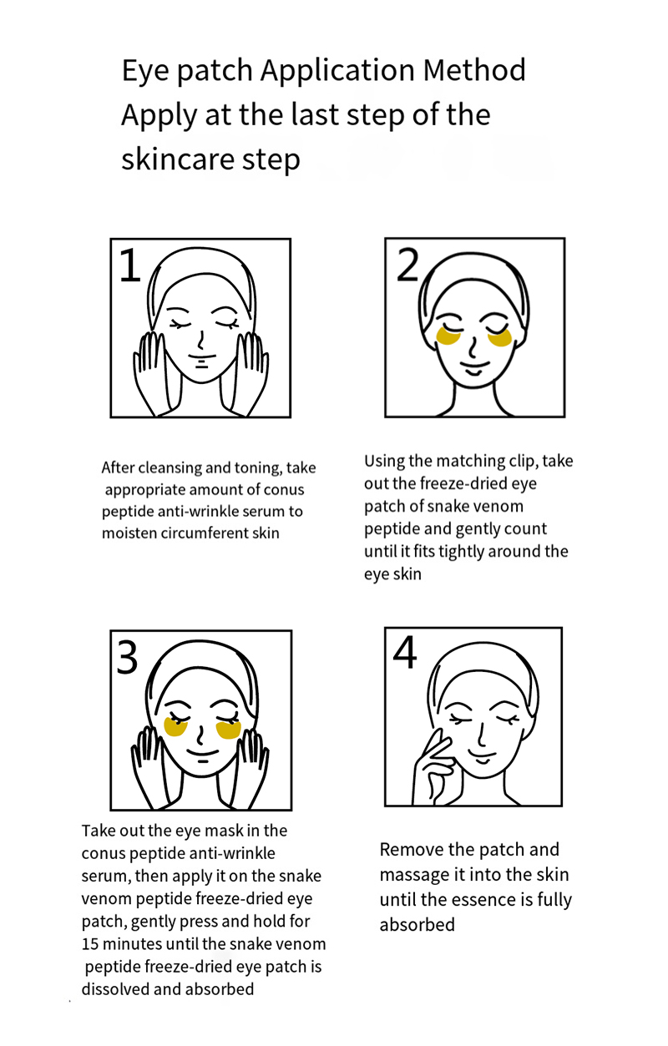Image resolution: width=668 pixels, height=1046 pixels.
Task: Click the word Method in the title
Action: click(474, 70)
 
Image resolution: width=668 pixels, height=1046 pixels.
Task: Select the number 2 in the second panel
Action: click(407, 265)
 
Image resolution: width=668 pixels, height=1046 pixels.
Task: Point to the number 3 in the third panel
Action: click(127, 657)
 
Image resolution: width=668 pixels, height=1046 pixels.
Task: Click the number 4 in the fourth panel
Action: click(404, 652)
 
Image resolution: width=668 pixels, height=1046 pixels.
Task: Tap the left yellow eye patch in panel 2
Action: click(448, 336)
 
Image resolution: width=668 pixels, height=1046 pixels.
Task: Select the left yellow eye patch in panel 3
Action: click(175, 726)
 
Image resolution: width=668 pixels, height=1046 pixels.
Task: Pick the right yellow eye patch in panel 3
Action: click(229, 730)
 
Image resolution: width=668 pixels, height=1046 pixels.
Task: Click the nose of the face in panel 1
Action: click(201, 340)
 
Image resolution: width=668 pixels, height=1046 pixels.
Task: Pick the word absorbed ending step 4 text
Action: click(417, 925)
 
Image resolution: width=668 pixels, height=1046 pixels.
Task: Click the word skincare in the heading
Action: click(179, 159)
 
